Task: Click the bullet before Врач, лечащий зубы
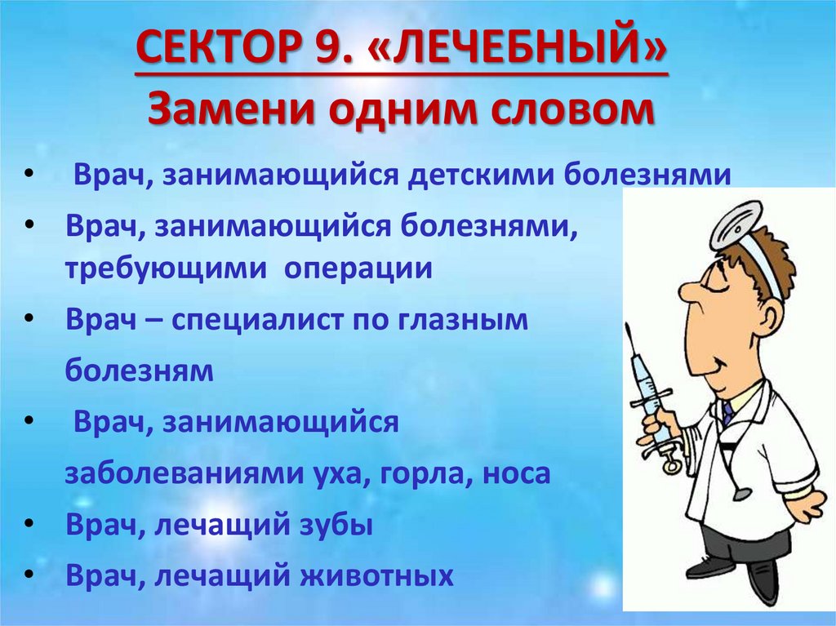tap(29, 526)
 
